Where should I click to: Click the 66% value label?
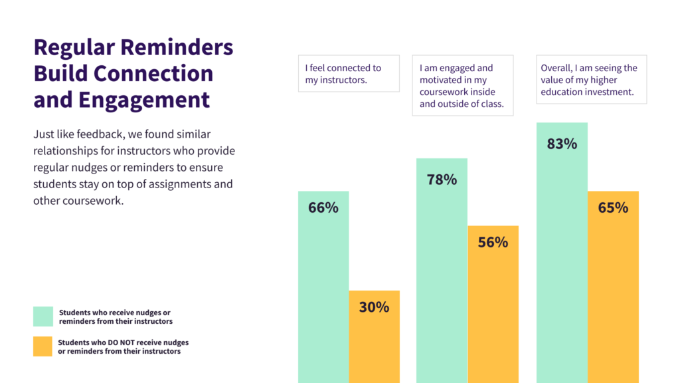(323, 207)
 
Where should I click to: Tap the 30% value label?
(374, 307)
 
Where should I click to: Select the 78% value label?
(442, 180)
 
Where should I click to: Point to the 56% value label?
(493, 242)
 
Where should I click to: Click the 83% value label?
(562, 144)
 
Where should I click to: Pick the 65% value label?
(613, 207)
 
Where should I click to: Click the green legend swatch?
(42, 317)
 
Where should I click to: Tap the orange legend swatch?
(42, 346)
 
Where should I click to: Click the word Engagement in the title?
(144, 100)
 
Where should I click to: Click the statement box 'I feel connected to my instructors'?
(349, 73)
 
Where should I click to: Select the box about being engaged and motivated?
(462, 85)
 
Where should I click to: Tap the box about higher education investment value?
(591, 79)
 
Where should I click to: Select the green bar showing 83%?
(562, 266)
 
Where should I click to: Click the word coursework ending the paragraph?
(93, 200)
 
